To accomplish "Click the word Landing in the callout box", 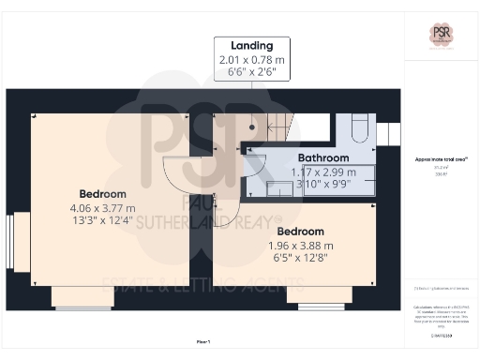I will coord(253,45).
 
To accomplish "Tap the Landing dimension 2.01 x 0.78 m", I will coord(253,59).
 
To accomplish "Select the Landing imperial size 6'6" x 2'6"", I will coord(253,72).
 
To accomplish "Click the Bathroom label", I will coord(323,158).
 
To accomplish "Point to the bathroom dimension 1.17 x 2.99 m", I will coord(323,172).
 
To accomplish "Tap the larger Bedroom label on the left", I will coord(102,193).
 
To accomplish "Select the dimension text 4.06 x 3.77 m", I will coord(102,208).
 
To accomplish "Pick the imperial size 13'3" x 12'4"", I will coord(102,222).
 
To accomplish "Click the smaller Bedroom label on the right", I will coord(301,231).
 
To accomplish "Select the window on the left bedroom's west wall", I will coord(11,241).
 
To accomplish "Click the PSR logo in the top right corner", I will coord(441,34).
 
